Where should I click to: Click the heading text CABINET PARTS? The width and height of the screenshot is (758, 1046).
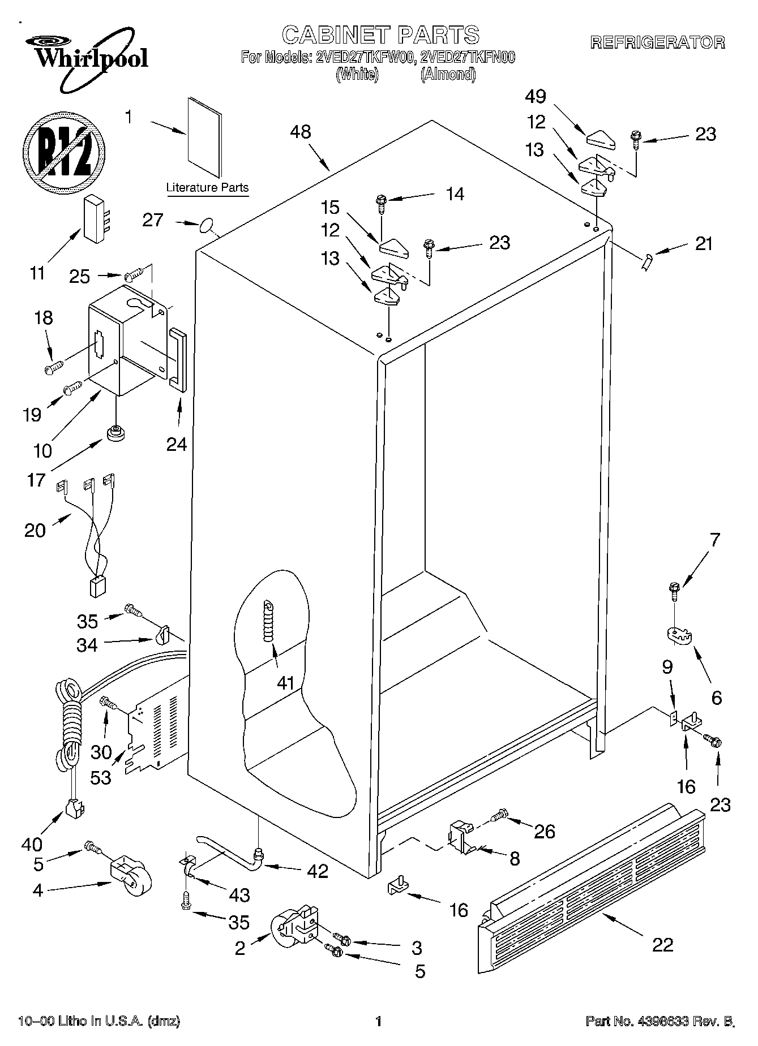pos(380,35)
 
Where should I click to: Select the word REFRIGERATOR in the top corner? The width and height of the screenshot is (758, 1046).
pos(657,42)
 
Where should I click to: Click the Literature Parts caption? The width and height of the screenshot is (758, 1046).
pos(207,188)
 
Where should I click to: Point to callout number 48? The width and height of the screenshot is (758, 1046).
pos(301,132)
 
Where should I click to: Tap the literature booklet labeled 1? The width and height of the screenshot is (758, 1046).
pos(205,136)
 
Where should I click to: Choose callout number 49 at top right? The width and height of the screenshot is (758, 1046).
pos(535,97)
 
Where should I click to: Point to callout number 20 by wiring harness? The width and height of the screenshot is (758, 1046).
pos(35,530)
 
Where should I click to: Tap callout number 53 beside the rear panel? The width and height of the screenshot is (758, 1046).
pos(101,777)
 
